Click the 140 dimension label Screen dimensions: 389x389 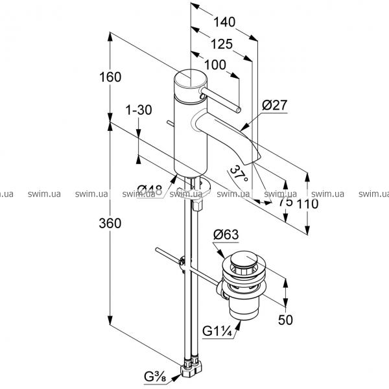[224, 22]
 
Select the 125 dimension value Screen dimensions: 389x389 [222, 44]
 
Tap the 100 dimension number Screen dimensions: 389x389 [215, 65]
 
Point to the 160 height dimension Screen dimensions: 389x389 [110, 77]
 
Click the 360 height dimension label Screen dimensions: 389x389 [110, 223]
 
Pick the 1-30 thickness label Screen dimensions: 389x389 [139, 110]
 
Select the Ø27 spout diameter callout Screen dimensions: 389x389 [274, 105]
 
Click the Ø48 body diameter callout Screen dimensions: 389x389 [150, 191]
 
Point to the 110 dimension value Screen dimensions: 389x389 [307, 204]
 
